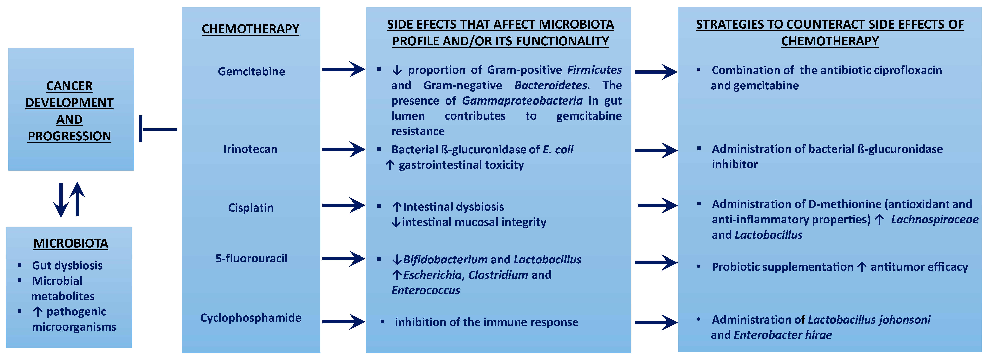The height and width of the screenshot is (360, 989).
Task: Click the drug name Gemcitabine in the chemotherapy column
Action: point(251,71)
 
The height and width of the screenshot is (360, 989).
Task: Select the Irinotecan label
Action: point(250,149)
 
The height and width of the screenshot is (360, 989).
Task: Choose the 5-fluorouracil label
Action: point(251,258)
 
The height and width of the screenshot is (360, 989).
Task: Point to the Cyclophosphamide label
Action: point(251,318)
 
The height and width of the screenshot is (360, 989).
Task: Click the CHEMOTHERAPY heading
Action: point(250,29)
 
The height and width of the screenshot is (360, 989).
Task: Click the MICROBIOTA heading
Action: point(71,243)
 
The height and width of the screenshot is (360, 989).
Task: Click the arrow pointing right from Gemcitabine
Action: point(344,69)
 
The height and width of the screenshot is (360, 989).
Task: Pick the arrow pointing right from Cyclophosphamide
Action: point(344,322)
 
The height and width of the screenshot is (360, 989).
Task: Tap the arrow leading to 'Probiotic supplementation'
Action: point(656,263)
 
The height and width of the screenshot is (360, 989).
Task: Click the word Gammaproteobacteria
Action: point(522,101)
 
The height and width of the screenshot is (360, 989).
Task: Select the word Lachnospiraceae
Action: point(935,220)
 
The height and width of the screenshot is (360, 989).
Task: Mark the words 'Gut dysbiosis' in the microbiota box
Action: point(67,266)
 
